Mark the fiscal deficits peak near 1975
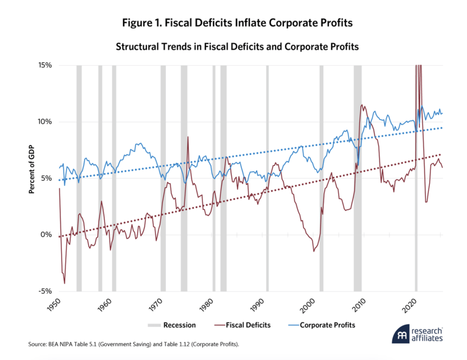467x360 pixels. pos(188,137)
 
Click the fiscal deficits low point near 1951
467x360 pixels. pos(64,283)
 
